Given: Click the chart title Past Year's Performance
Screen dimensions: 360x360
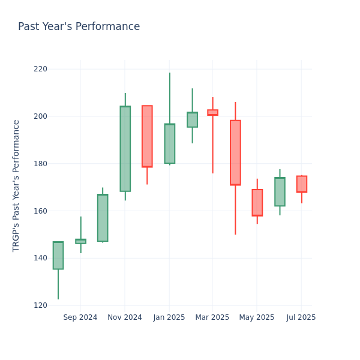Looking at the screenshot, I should coord(79,27).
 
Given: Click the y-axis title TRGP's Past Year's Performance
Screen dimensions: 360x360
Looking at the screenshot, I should coord(16,185).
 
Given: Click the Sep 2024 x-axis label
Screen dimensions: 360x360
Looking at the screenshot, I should coord(80,317).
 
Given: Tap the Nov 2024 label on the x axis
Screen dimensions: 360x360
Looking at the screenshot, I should coord(125,317).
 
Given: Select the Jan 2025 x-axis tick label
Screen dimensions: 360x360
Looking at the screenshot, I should coord(169,317).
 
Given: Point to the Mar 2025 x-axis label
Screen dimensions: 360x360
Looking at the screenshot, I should coord(212,317).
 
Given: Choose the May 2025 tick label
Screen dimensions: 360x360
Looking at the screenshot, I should coord(257,317).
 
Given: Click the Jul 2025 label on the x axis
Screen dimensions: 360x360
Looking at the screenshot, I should coord(301,317).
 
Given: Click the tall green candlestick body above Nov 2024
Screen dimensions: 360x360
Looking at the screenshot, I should coord(125,149).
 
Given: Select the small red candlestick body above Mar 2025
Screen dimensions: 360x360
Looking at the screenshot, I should coord(212,112).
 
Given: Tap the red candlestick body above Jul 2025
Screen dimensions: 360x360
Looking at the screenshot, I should coord(301,184).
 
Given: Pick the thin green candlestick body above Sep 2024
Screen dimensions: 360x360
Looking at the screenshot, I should coord(80,241).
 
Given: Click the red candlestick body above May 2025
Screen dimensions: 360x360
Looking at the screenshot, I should coord(257,203).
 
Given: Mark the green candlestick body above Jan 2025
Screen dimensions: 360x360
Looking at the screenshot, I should coord(169,143).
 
